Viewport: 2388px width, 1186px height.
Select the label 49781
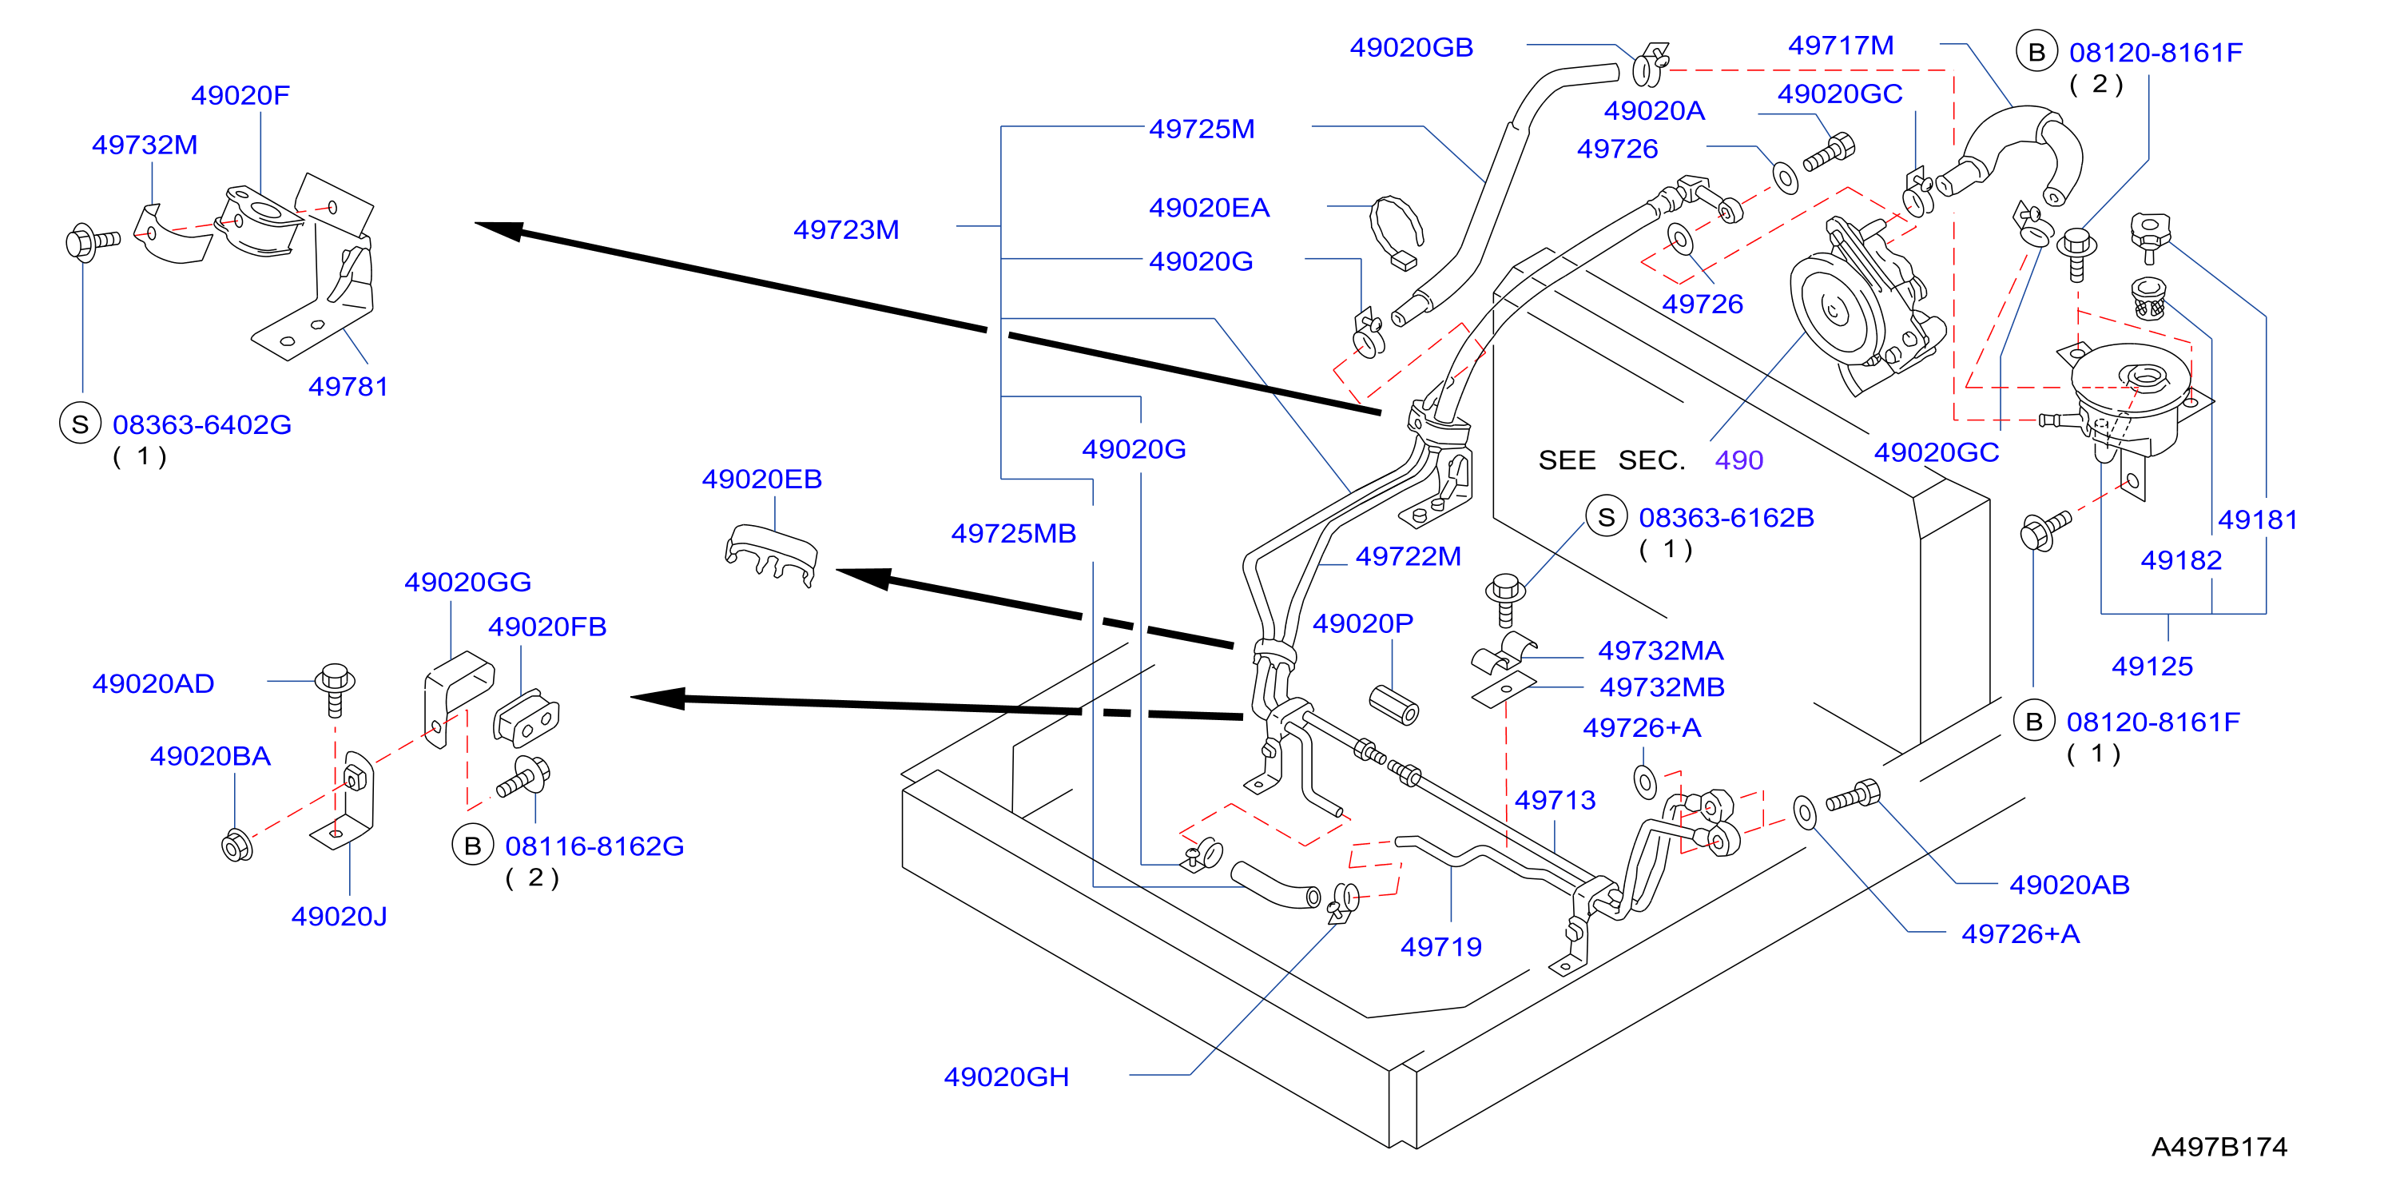point(348,386)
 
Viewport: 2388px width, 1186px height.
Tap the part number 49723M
point(846,229)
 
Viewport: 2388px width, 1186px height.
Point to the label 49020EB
point(762,479)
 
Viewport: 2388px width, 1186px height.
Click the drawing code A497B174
point(2219,1146)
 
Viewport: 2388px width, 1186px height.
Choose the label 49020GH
point(1007,1076)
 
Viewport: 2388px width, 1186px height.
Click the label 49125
point(2152,666)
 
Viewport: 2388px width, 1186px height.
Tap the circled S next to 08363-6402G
point(81,424)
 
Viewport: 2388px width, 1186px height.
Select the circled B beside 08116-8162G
point(473,845)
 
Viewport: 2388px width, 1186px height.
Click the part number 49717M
point(1841,45)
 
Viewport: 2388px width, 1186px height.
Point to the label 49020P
point(1363,623)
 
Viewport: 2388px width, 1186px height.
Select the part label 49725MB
point(1013,533)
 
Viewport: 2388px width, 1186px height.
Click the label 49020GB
point(1411,47)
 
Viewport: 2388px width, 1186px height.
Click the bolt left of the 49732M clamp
point(93,243)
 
